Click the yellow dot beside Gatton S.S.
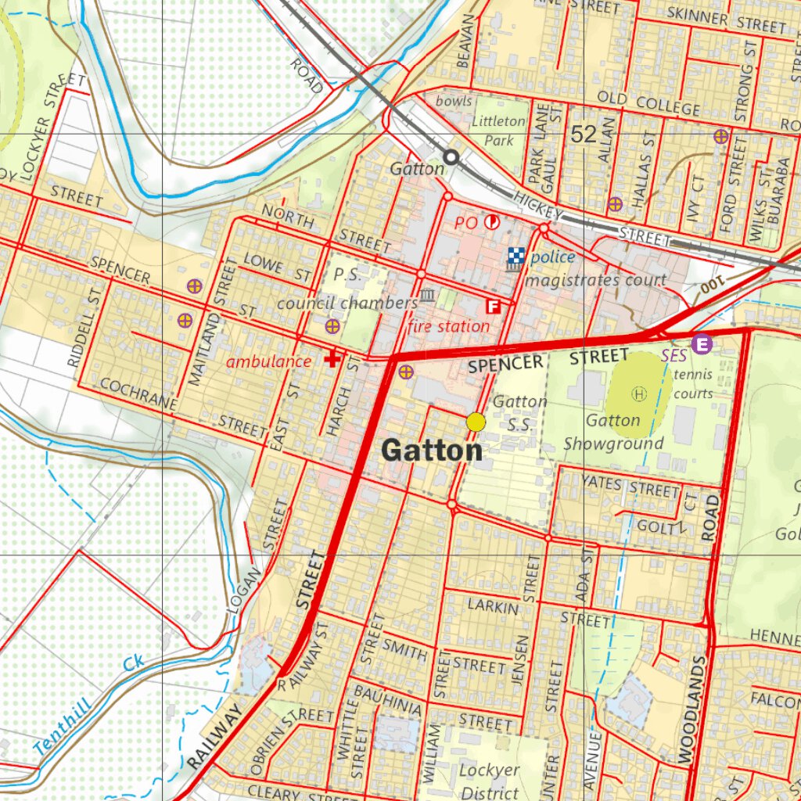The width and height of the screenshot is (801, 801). tap(476, 422)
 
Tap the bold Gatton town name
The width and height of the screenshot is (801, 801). tap(432, 451)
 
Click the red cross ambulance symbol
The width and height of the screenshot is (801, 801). tap(332, 359)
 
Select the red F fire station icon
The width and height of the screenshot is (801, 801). tap(494, 307)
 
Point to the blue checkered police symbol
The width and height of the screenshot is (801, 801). tap(514, 255)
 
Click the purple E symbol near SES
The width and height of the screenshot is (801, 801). tap(702, 343)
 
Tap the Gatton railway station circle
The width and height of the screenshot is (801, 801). tap(451, 156)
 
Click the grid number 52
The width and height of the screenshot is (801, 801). tap(584, 134)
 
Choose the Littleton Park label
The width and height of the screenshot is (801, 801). tap(499, 131)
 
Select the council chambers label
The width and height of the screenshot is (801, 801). tap(347, 303)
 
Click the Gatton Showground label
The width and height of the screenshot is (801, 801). tap(614, 432)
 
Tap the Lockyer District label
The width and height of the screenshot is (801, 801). tap(489, 781)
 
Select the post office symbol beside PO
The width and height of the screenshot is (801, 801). tap(493, 222)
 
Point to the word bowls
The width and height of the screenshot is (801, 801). tap(454, 101)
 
